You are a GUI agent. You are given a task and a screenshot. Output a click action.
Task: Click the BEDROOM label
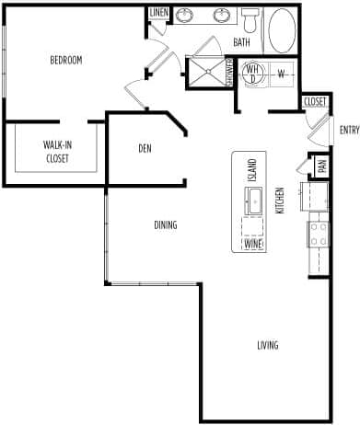coord(65,61)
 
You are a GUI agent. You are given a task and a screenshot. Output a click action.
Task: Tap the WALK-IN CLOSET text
coord(57,151)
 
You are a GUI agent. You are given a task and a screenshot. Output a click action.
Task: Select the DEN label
coord(145,147)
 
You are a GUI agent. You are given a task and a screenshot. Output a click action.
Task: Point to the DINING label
coord(166,225)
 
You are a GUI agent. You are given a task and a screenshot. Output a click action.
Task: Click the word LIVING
coord(267,346)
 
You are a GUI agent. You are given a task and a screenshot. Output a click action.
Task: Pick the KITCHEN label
coord(281,201)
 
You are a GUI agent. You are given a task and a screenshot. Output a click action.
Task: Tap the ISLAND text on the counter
coord(251,169)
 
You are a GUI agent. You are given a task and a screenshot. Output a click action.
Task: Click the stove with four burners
coord(318,234)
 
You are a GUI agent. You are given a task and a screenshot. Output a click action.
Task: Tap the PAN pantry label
coord(321,167)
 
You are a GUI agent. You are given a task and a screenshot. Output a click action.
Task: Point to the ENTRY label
coord(349,130)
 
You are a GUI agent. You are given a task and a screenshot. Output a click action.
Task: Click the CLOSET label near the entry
coord(314,101)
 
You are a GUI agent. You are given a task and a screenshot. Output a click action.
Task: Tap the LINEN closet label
coord(158,13)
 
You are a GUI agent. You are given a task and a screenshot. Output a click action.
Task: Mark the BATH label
coord(241,42)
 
